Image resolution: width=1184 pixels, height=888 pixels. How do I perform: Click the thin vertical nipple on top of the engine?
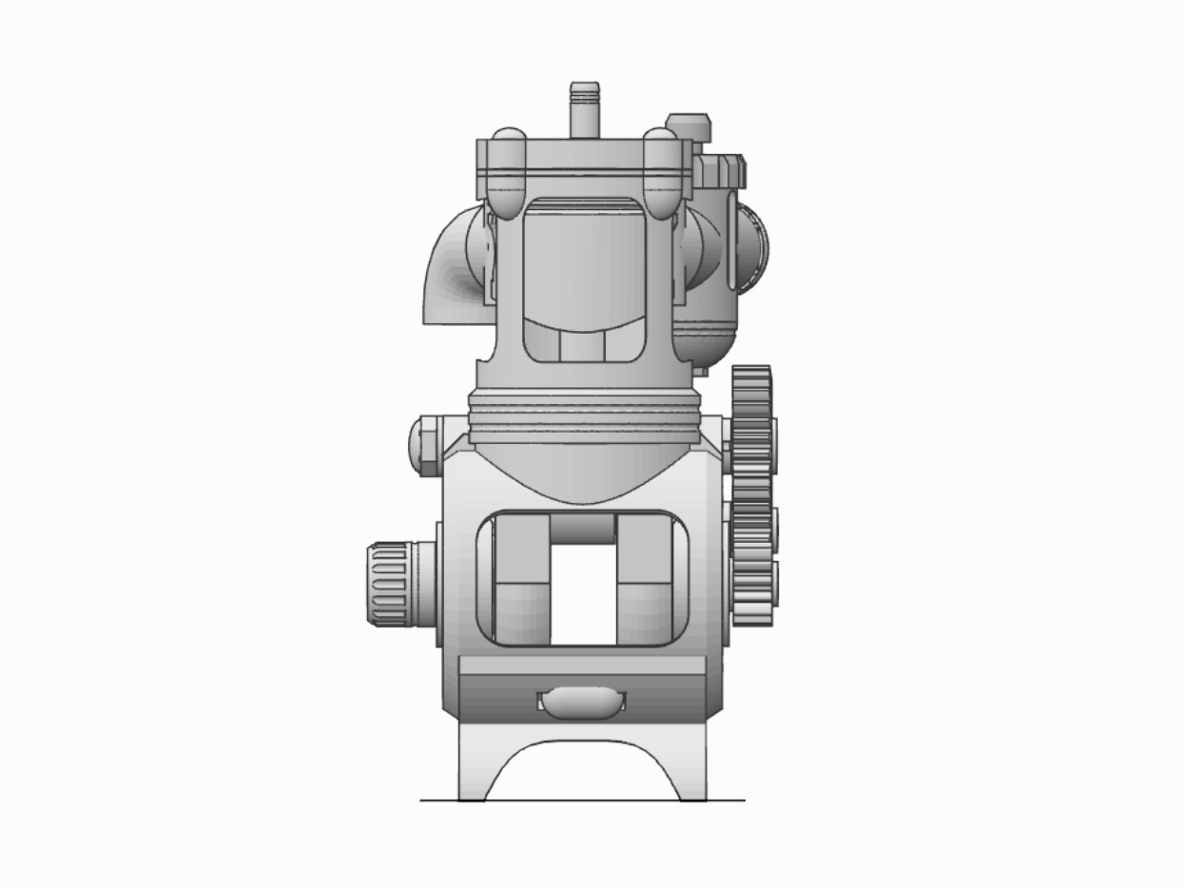pyautogui.click(x=584, y=109)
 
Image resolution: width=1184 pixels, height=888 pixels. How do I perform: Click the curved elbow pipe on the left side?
pyautogui.click(x=452, y=271)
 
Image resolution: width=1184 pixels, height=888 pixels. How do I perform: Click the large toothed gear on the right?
pyautogui.click(x=751, y=494)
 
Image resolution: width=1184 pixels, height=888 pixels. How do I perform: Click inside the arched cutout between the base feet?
pyautogui.click(x=582, y=775)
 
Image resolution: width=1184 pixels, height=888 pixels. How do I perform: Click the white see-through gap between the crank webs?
pyautogui.click(x=583, y=594)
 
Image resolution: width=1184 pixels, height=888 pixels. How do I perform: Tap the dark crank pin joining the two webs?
pyautogui.click(x=583, y=528)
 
